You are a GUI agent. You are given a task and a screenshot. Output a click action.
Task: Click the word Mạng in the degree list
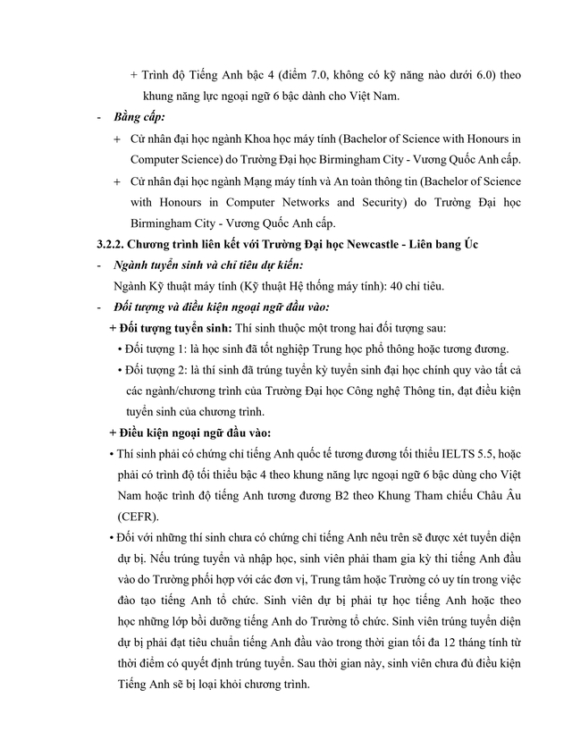tap(243, 181)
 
